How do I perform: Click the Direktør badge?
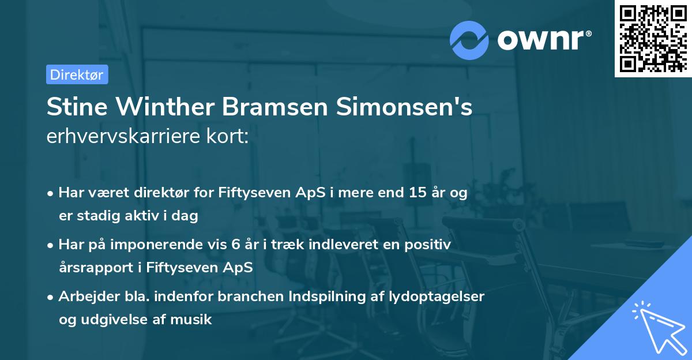click(77, 74)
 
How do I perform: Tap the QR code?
click(652, 39)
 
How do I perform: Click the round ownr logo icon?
click(470, 40)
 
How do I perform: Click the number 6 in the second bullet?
click(235, 245)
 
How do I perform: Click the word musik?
click(195, 319)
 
